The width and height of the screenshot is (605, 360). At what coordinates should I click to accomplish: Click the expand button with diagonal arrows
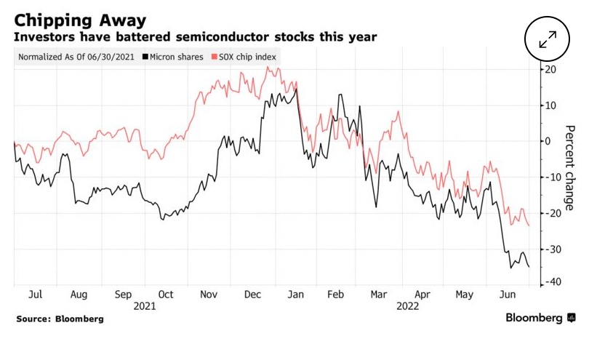point(548,39)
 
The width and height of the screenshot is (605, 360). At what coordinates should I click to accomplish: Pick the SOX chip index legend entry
point(243,57)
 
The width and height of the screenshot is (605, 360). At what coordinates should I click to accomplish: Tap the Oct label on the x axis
point(166,295)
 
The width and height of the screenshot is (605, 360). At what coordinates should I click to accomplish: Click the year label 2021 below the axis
point(145,306)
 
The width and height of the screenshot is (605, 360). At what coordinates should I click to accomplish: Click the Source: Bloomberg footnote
point(60,319)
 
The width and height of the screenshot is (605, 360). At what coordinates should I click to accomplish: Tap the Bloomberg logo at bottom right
point(541,318)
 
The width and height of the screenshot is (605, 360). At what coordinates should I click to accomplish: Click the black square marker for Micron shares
point(147,57)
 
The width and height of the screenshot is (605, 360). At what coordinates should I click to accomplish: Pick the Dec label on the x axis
point(254,295)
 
